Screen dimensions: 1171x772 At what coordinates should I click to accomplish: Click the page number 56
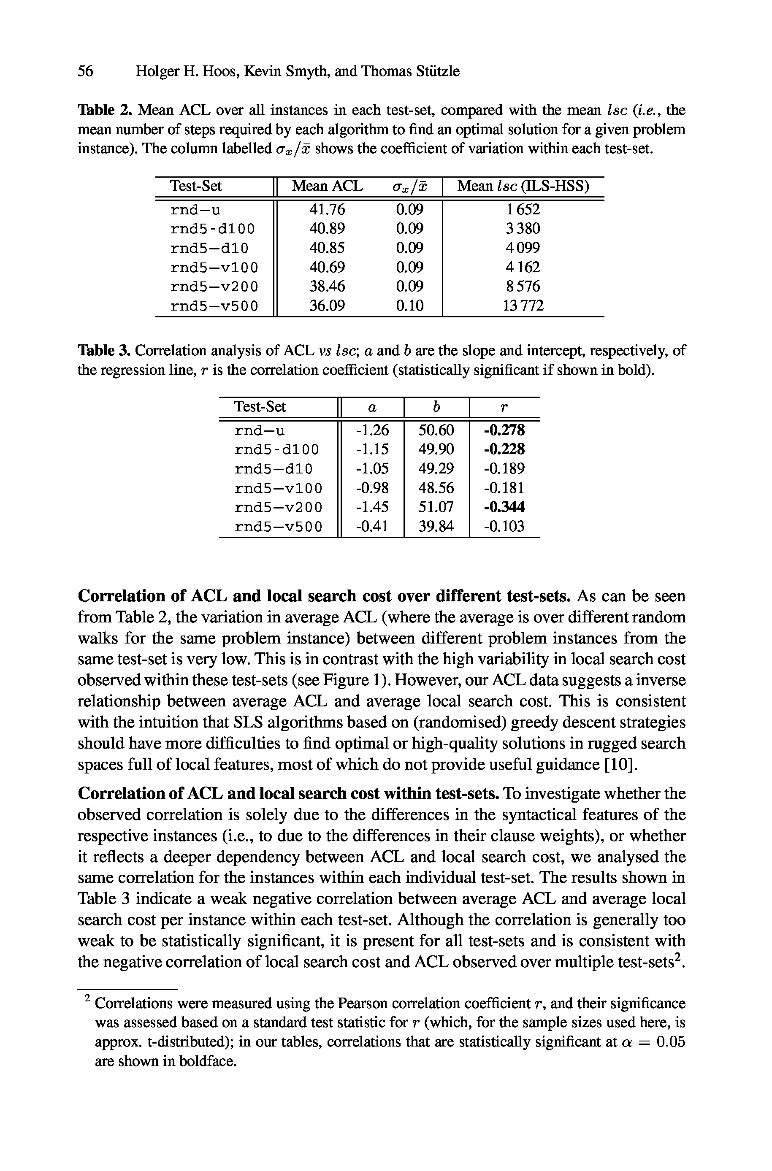(x=85, y=71)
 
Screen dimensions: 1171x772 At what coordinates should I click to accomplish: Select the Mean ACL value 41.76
(x=327, y=210)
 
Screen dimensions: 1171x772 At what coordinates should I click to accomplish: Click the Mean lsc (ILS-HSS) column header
(x=523, y=186)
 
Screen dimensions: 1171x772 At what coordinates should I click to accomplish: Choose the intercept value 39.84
(x=436, y=527)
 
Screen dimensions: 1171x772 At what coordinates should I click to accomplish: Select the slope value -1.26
(x=372, y=430)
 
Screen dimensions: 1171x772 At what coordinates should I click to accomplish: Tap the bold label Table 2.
(x=104, y=110)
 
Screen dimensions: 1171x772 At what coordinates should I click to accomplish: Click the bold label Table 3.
(x=104, y=351)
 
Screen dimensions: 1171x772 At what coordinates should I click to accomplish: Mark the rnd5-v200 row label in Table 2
(x=214, y=287)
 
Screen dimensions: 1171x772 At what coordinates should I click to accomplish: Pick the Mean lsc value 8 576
(x=523, y=287)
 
